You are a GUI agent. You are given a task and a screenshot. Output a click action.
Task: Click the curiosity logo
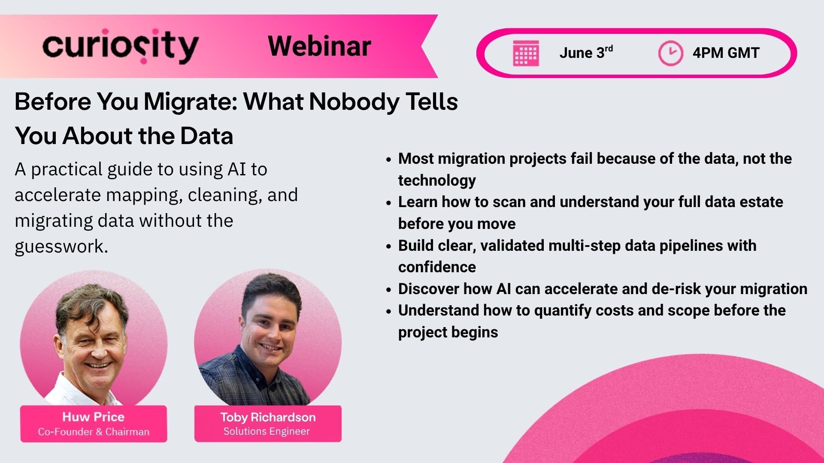[120, 46]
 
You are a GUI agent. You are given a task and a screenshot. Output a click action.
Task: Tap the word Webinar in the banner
[319, 46]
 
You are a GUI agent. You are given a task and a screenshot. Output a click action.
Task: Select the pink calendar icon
[526, 53]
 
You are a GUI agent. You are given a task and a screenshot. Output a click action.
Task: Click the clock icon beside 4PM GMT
[670, 53]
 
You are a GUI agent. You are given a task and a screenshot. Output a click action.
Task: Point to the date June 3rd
[586, 53]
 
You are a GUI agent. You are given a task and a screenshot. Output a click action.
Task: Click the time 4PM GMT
[726, 53]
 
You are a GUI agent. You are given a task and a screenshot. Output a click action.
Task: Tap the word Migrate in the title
[190, 102]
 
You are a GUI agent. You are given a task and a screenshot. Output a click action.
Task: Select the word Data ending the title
[206, 136]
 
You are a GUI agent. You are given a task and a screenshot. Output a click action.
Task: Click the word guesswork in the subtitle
[61, 247]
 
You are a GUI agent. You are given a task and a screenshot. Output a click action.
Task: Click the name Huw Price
[93, 417]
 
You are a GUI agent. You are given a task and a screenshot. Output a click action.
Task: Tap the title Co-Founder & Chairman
[94, 432]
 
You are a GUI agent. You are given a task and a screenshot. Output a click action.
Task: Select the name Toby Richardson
[268, 417]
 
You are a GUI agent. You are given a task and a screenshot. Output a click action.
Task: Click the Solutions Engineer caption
[267, 431]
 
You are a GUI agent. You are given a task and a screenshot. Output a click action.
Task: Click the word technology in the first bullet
[436, 180]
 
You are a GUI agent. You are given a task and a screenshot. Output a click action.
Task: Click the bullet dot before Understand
[388, 311]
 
